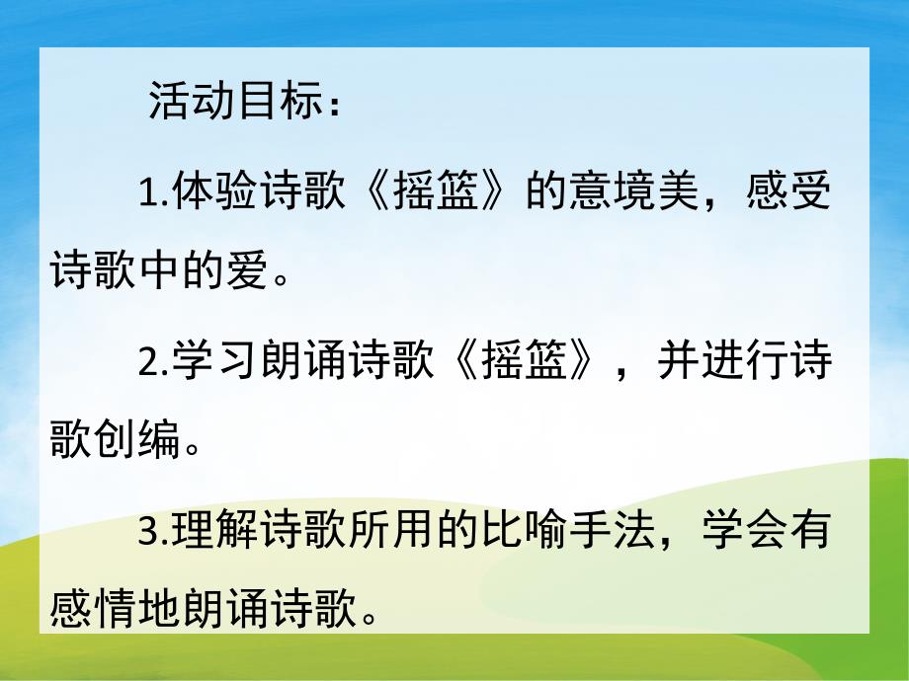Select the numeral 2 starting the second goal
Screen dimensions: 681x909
[x=148, y=365]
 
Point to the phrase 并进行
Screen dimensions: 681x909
[x=719, y=364]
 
